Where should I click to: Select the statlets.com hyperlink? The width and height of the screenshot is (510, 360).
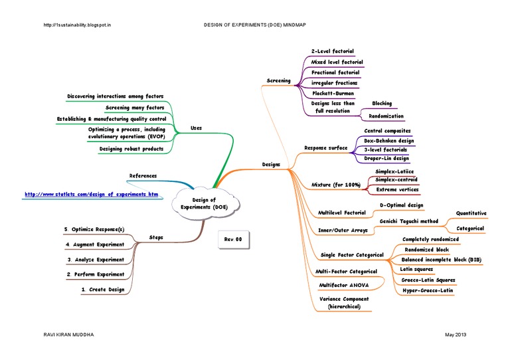pos(92,194)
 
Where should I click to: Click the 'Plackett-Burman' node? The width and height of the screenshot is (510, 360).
pos(333,94)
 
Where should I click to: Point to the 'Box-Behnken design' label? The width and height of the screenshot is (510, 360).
pos(389,141)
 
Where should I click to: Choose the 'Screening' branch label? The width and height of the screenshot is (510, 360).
pos(279,80)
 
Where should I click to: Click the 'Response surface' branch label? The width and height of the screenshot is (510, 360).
pos(325,147)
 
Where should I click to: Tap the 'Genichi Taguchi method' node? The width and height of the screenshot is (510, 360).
pos(409,221)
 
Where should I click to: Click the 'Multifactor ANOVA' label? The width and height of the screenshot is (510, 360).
pos(344,284)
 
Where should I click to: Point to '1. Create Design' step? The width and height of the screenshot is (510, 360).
pos(102,290)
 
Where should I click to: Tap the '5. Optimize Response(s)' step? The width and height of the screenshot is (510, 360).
pos(94,229)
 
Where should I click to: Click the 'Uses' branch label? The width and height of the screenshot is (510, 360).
pos(197,128)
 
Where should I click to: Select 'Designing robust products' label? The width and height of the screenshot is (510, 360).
pos(131,149)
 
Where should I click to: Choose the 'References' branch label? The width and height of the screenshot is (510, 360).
pos(143,176)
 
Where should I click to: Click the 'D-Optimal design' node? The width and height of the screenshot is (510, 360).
pos(400,206)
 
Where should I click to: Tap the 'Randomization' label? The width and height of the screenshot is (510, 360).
pos(386,116)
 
